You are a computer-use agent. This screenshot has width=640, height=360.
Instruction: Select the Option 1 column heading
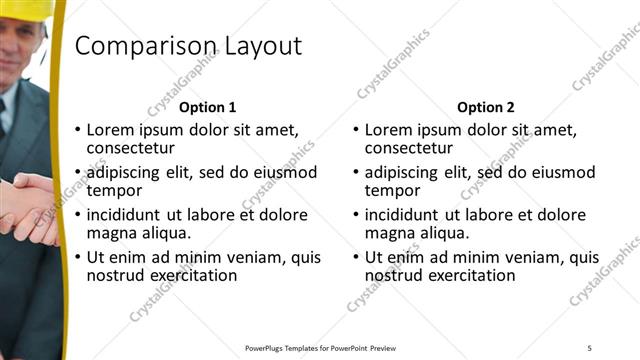click(208, 107)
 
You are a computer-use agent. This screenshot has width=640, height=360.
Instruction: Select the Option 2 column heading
click(486, 107)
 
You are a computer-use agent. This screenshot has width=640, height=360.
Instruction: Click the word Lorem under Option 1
click(112, 130)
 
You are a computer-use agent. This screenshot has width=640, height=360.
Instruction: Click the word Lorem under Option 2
click(390, 130)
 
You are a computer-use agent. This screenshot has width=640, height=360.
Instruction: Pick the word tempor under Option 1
click(113, 190)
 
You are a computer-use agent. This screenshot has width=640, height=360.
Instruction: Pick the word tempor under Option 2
click(391, 190)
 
